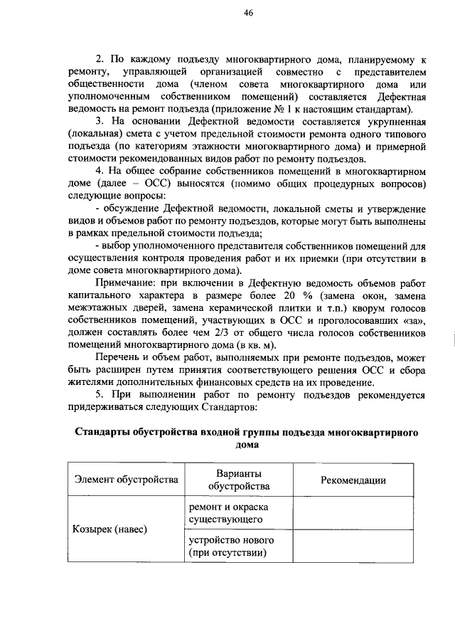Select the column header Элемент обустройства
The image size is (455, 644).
pyautogui.click(x=125, y=480)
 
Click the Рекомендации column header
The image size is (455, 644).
pyautogui.click(x=353, y=480)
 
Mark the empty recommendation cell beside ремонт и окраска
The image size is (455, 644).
pyautogui.click(x=353, y=512)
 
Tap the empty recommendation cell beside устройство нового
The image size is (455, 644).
pyautogui.click(x=353, y=547)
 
